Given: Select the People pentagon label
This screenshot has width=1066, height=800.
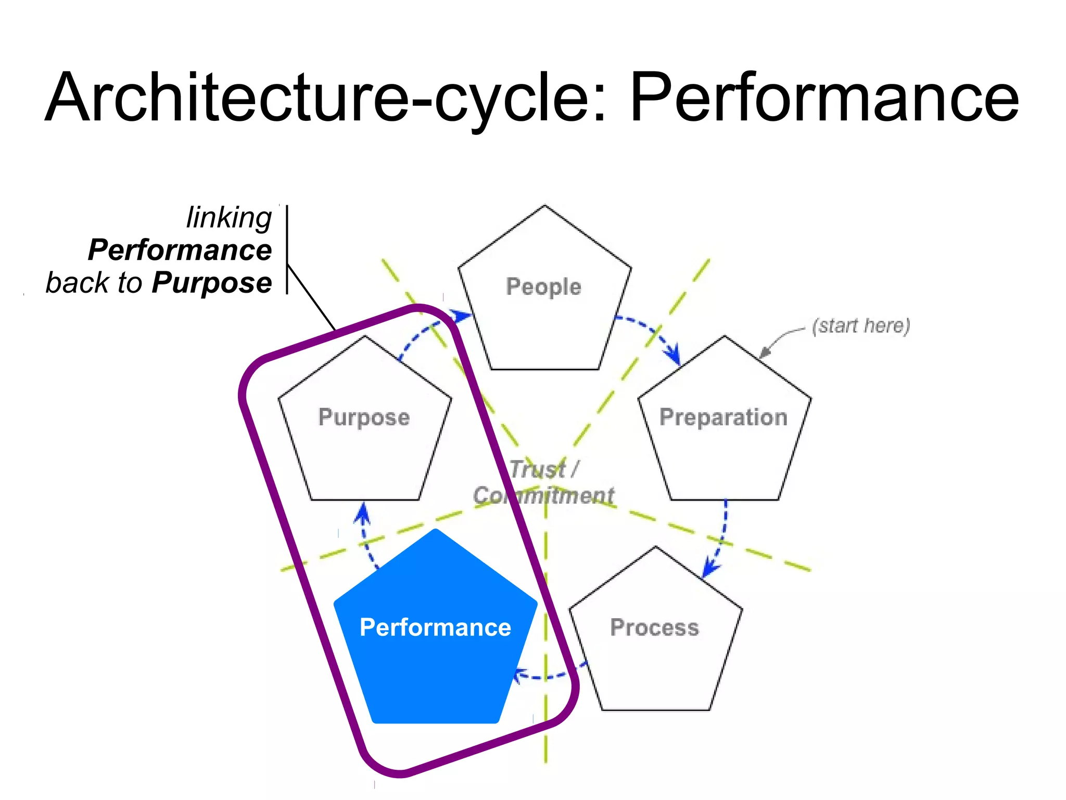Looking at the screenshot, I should click(543, 287).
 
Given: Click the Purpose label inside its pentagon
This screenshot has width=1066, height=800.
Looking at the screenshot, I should click(364, 418).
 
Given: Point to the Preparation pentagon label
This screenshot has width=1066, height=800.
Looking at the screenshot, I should click(724, 418).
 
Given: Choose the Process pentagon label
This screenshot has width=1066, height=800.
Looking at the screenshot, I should click(654, 628).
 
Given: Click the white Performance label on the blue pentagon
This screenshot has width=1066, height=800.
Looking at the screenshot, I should click(435, 628).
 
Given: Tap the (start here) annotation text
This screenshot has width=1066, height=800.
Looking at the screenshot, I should click(861, 326).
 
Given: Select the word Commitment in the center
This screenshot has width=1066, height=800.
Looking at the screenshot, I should click(543, 495).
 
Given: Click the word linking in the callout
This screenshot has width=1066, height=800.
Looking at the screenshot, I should click(229, 218).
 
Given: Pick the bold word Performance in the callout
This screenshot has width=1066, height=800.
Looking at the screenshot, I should click(180, 250).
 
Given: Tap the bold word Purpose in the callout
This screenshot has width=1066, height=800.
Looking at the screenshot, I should click(212, 283).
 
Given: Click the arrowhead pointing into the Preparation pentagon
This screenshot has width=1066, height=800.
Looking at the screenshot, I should click(675, 357).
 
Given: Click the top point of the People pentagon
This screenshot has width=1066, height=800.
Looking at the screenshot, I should click(544, 206).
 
